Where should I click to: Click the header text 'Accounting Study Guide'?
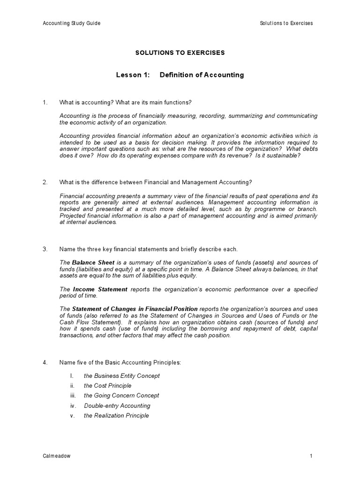[72, 23]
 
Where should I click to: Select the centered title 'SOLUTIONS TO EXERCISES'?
[180, 52]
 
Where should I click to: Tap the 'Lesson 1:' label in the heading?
[133, 75]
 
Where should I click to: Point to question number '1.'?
[45, 102]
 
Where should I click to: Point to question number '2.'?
[45, 182]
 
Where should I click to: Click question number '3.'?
[45, 248]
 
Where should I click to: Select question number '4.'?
[45, 362]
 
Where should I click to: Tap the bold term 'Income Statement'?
[100, 289]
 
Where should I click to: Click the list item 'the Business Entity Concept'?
[121, 375]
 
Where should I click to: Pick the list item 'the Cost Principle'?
[107, 385]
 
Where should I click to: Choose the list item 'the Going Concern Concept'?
[121, 396]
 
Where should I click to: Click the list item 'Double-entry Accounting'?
[117, 405]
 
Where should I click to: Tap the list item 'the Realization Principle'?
[116, 415]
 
